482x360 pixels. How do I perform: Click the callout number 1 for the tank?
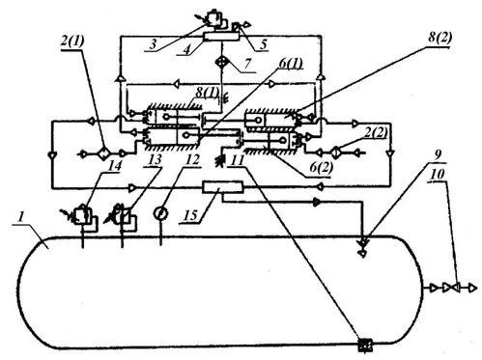[20, 217]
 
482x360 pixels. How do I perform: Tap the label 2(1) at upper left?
[71, 42]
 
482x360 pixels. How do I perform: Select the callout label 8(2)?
[439, 38]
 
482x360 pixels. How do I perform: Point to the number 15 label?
[191, 214]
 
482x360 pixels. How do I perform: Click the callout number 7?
[247, 64]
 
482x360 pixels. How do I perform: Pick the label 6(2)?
[321, 167]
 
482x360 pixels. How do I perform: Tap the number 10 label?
[437, 174]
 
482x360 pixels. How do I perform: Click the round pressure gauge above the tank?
[160, 213]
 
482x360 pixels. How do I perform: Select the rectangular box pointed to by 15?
[222, 187]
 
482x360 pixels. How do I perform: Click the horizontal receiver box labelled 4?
[221, 37]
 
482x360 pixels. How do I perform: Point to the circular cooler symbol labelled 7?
[222, 61]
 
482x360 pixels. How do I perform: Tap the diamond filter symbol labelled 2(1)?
[103, 153]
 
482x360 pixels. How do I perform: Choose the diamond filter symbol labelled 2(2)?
[336, 152]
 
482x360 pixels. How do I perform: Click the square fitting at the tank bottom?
[365, 346]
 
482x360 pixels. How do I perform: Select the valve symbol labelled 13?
[123, 214]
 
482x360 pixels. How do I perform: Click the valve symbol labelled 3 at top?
[213, 20]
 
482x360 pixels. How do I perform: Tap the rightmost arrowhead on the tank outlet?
[472, 288]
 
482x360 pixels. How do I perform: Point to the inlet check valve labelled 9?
[364, 247]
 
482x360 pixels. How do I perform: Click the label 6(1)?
[291, 64]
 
